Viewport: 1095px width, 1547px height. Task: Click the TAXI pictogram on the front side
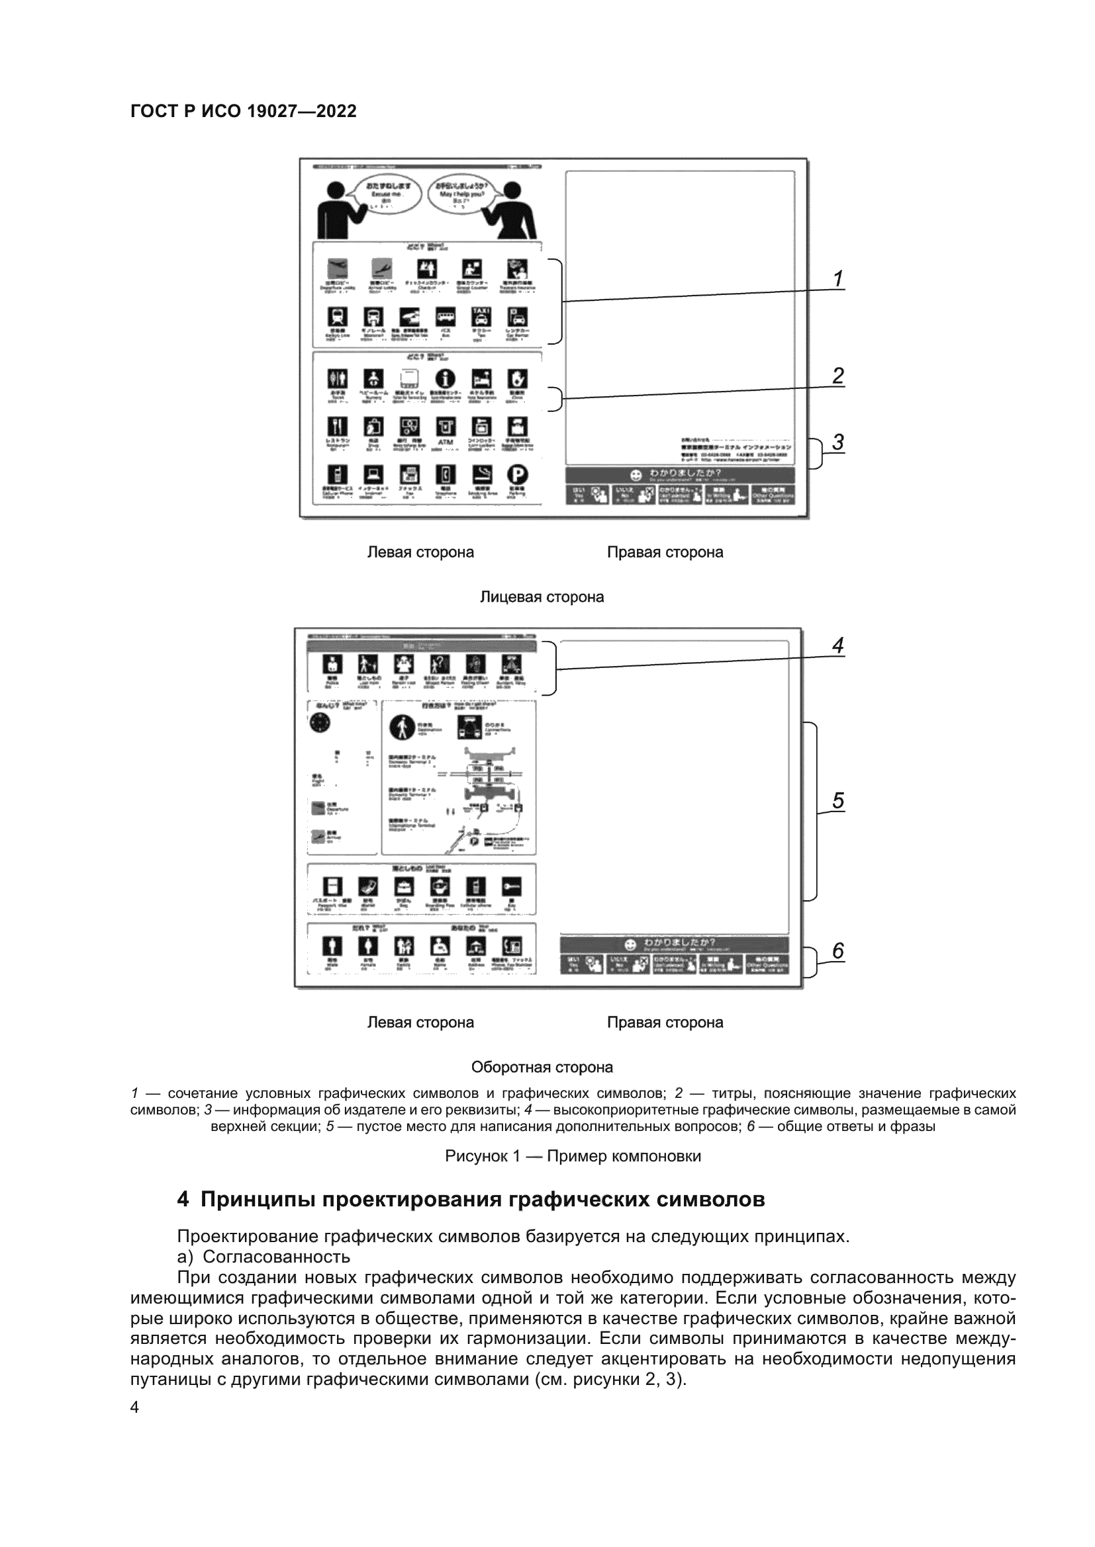point(481,316)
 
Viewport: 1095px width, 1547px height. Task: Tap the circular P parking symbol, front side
point(517,475)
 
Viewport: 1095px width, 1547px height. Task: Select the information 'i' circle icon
point(445,379)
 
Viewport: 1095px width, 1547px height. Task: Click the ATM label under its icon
point(446,442)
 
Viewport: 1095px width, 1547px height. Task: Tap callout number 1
point(837,278)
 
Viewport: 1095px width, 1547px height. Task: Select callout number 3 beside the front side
point(837,442)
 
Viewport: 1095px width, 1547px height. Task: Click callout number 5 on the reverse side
point(837,800)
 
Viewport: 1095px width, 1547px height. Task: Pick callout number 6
point(837,950)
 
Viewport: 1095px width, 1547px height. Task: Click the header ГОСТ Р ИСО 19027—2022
point(244,111)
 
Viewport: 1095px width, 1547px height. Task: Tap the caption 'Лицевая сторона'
point(542,597)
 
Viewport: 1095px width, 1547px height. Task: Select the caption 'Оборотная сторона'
point(542,1067)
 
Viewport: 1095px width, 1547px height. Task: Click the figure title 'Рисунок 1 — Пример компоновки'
point(573,1156)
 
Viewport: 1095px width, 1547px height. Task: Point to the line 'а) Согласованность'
point(263,1257)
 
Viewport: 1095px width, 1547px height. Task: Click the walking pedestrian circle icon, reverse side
point(403,727)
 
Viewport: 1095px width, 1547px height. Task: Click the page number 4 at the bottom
point(135,1407)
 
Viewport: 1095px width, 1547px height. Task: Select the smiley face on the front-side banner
point(635,475)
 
